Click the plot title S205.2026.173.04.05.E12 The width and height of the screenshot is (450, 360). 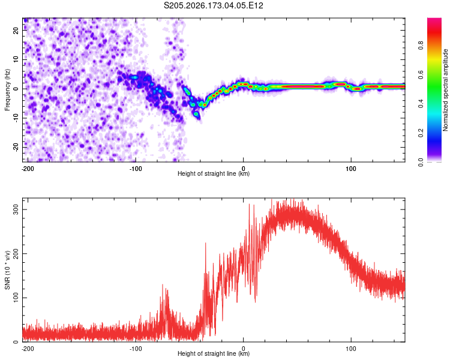[213, 5]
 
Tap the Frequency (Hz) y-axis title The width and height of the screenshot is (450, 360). [7, 90]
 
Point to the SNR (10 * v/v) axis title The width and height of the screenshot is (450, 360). [7, 270]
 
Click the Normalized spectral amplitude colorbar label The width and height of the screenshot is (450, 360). [445, 90]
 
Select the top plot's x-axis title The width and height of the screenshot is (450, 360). [214, 173]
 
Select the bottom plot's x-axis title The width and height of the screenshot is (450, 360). [214, 353]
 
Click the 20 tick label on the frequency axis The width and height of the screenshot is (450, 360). [16, 31]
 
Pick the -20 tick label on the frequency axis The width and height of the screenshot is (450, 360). [16, 146]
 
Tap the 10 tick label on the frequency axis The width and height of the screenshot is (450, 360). [16, 59]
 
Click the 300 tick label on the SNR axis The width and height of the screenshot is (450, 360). [16, 209]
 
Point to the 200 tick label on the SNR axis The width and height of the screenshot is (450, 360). [16, 254]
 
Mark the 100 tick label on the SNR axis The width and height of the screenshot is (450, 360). [16, 298]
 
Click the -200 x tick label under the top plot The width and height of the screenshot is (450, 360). [28, 169]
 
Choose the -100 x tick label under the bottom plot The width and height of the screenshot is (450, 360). [136, 349]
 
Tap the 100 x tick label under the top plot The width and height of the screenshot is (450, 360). [351, 169]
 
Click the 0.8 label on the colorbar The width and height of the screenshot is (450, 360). [421, 46]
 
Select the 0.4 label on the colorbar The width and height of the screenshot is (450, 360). [421, 104]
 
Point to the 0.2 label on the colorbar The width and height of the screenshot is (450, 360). [421, 133]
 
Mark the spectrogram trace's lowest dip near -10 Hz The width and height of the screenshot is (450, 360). [197, 115]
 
